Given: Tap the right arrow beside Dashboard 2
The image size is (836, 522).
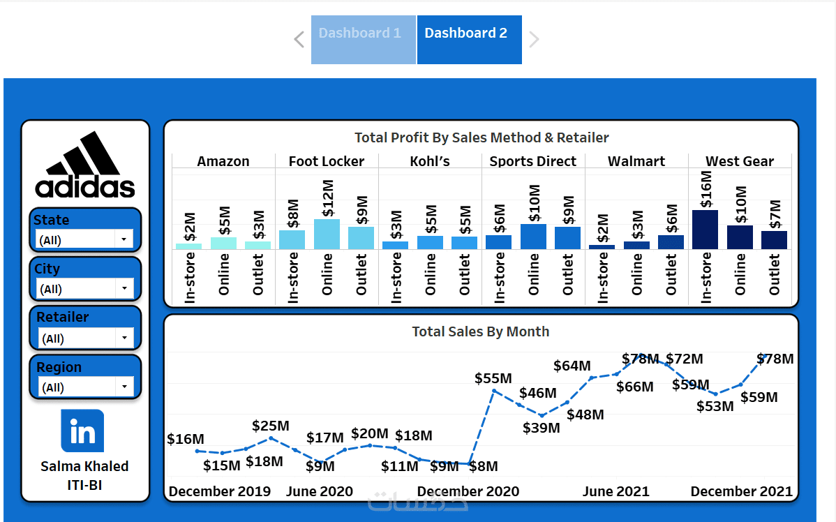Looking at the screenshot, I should coord(534,40).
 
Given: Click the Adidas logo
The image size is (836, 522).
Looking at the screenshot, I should coord(85,165).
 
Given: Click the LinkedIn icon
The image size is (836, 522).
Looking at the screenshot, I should coord(82,431).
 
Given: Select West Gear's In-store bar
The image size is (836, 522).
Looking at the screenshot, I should coord(705,229).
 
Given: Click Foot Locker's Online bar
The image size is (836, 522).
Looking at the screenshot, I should coord(327,234).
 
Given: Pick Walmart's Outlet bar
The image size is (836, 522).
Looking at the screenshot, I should coord(671,241).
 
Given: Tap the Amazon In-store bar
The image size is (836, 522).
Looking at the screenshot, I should coord(188,246).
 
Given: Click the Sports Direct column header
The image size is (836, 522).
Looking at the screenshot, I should coord(532,161).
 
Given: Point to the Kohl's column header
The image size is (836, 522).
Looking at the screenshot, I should coord(430,161).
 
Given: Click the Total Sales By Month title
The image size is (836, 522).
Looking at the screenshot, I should coord(480,331).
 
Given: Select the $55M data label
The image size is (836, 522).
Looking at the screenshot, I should coord(493,378).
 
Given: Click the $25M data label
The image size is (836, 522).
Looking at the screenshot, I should coord(270,425).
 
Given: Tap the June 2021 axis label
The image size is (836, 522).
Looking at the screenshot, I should coord(615,491).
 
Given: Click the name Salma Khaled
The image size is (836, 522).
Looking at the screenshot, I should coord(84,466).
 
